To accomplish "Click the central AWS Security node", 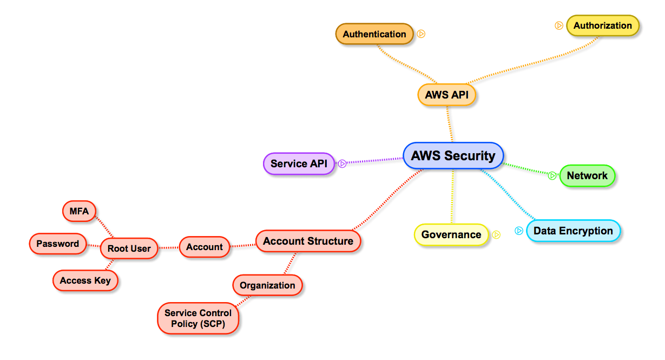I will (x=453, y=156).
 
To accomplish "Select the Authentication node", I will (x=374, y=34).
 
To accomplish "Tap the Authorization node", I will (x=602, y=25).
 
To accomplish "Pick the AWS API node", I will (x=446, y=95).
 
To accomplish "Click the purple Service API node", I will (x=299, y=163).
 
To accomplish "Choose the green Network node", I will (x=587, y=175).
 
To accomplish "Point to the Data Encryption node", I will (x=573, y=231).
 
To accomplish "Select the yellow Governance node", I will (x=451, y=234).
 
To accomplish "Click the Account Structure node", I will (x=308, y=241).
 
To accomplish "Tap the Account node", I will (x=205, y=247).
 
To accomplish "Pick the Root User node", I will (x=129, y=248).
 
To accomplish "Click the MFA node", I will (x=79, y=211).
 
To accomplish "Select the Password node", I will (x=57, y=244).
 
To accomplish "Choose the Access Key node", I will (x=85, y=280).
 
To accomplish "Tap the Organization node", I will (x=267, y=285).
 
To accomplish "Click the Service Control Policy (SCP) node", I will (x=198, y=318).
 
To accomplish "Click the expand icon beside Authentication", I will (x=421, y=34).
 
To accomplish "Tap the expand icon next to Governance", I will (x=496, y=234).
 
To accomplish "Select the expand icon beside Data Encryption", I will (x=519, y=231).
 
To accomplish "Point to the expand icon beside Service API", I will (x=342, y=163).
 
